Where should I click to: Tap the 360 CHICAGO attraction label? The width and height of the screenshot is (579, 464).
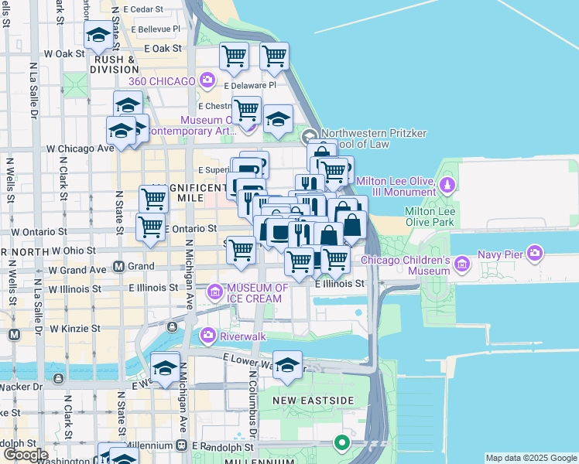(x=163, y=81)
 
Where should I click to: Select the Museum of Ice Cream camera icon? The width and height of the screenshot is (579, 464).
(x=214, y=292)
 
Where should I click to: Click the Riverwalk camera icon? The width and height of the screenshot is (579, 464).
(x=207, y=336)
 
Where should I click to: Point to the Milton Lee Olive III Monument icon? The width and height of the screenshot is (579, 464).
(x=447, y=186)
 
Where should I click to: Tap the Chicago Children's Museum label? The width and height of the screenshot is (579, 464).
(x=406, y=265)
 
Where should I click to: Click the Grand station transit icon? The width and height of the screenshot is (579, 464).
(x=119, y=267)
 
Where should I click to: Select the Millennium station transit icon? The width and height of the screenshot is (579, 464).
(x=181, y=446)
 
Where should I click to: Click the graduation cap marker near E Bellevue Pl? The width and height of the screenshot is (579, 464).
(x=98, y=36)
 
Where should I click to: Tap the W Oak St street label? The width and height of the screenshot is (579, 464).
(x=64, y=54)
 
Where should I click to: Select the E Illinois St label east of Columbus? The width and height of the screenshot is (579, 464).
(x=340, y=284)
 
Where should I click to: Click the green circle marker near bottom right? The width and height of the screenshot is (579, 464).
(x=341, y=443)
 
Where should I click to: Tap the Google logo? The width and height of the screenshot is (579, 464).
(x=25, y=455)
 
